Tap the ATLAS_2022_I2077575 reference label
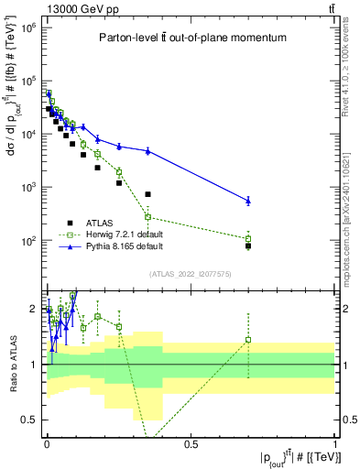pyautogui.click(x=191, y=274)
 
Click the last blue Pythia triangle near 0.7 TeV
pyautogui.click(x=248, y=200)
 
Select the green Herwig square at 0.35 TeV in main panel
pyautogui.click(x=147, y=217)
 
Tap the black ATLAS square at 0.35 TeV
pyautogui.click(x=147, y=194)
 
